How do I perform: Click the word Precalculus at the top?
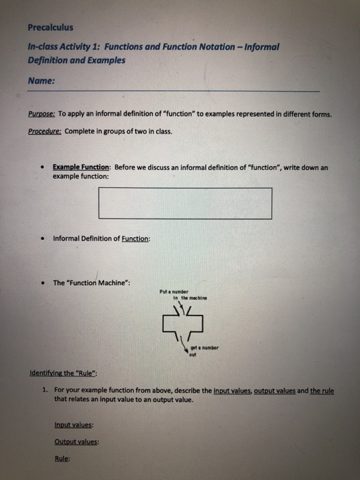point(51,27)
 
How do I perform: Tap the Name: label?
point(42,80)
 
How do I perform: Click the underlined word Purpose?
point(43,115)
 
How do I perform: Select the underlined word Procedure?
point(45,131)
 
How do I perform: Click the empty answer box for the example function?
point(185,203)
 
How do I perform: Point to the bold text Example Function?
point(82,167)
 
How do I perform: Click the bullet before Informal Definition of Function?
point(43,239)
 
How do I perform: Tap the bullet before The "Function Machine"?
point(43,283)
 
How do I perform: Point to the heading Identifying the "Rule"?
point(64,373)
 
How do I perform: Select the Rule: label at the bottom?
point(62,459)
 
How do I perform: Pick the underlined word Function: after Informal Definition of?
point(135,239)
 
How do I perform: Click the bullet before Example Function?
point(43,167)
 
